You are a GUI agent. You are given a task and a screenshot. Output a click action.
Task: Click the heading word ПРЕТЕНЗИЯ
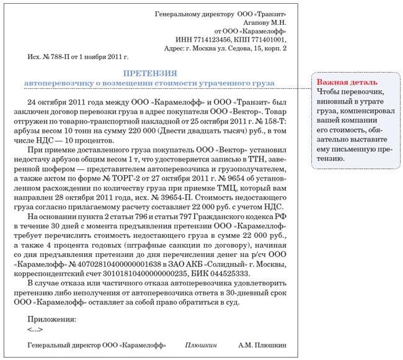tap(151, 73)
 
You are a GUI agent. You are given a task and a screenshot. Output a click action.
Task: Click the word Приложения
tap(53, 320)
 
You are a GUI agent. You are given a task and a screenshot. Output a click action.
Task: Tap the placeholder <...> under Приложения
tap(35, 329)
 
